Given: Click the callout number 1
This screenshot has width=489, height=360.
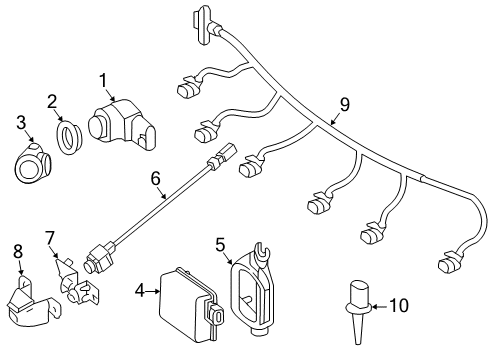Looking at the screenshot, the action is [103, 81].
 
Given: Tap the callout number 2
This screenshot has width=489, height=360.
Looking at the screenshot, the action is [52, 102].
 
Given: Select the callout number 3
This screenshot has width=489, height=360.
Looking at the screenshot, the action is [21, 122].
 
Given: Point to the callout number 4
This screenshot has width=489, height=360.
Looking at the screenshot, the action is [140, 291].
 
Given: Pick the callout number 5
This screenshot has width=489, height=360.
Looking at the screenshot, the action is [220, 245].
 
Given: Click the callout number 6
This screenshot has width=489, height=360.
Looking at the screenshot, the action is [156, 179].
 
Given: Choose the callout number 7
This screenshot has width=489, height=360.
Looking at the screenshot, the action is [49, 239].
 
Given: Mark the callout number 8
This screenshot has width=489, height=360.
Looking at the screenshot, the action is [18, 251].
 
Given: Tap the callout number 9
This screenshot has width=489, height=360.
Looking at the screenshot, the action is [345, 104].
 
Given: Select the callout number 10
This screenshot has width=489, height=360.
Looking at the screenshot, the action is [399, 305].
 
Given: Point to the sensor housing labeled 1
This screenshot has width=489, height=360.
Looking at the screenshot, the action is [122, 124].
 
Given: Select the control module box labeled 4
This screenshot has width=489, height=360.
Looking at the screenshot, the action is [192, 304].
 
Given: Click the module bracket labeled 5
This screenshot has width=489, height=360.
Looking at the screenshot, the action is [252, 287].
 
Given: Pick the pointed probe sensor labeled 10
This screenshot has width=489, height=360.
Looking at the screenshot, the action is [359, 312].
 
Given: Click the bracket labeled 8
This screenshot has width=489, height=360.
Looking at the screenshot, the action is [33, 300].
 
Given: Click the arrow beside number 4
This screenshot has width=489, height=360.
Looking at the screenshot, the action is [152, 291].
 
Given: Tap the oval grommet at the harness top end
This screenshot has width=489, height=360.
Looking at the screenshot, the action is [202, 25].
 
